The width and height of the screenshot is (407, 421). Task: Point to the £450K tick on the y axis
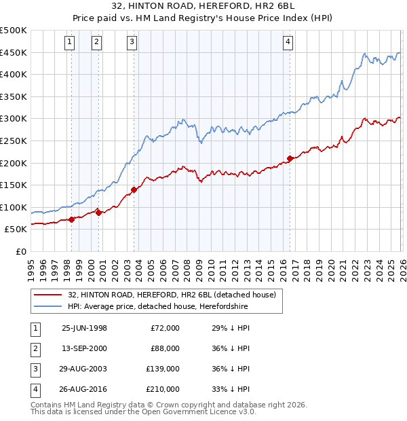click(x=14, y=53)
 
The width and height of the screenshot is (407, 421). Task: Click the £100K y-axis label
click(x=14, y=207)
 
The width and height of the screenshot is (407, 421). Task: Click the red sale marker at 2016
click(x=290, y=158)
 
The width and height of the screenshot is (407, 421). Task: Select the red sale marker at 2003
click(x=134, y=189)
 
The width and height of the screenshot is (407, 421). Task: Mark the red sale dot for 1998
click(x=72, y=219)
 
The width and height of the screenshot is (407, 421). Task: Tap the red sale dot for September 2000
click(x=98, y=213)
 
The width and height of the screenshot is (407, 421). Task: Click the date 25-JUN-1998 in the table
click(x=84, y=328)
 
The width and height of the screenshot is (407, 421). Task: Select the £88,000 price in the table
click(x=166, y=348)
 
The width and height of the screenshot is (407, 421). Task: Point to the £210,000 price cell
click(x=163, y=389)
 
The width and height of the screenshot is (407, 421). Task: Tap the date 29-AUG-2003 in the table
click(x=84, y=369)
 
